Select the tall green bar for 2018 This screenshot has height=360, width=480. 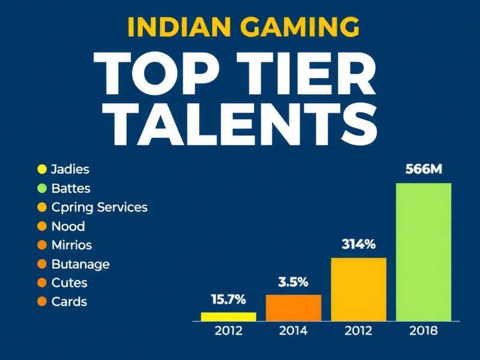pyautogui.click(x=424, y=251)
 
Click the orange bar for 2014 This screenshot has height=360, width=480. pyautogui.click(x=293, y=307)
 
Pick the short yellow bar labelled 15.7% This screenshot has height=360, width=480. pyautogui.click(x=229, y=316)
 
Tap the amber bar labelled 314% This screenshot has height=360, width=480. pyautogui.click(x=358, y=289)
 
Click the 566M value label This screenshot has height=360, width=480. pyautogui.click(x=424, y=169)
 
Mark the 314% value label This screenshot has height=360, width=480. pyautogui.click(x=358, y=244)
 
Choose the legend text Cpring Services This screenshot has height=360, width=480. pyautogui.click(x=100, y=207)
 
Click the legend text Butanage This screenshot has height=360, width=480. pyautogui.click(x=80, y=264)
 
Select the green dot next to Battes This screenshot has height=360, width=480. pyautogui.click(x=41, y=188)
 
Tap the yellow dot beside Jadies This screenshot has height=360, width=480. pyautogui.click(x=41, y=169)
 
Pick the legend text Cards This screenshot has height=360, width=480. pyautogui.click(x=69, y=302)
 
